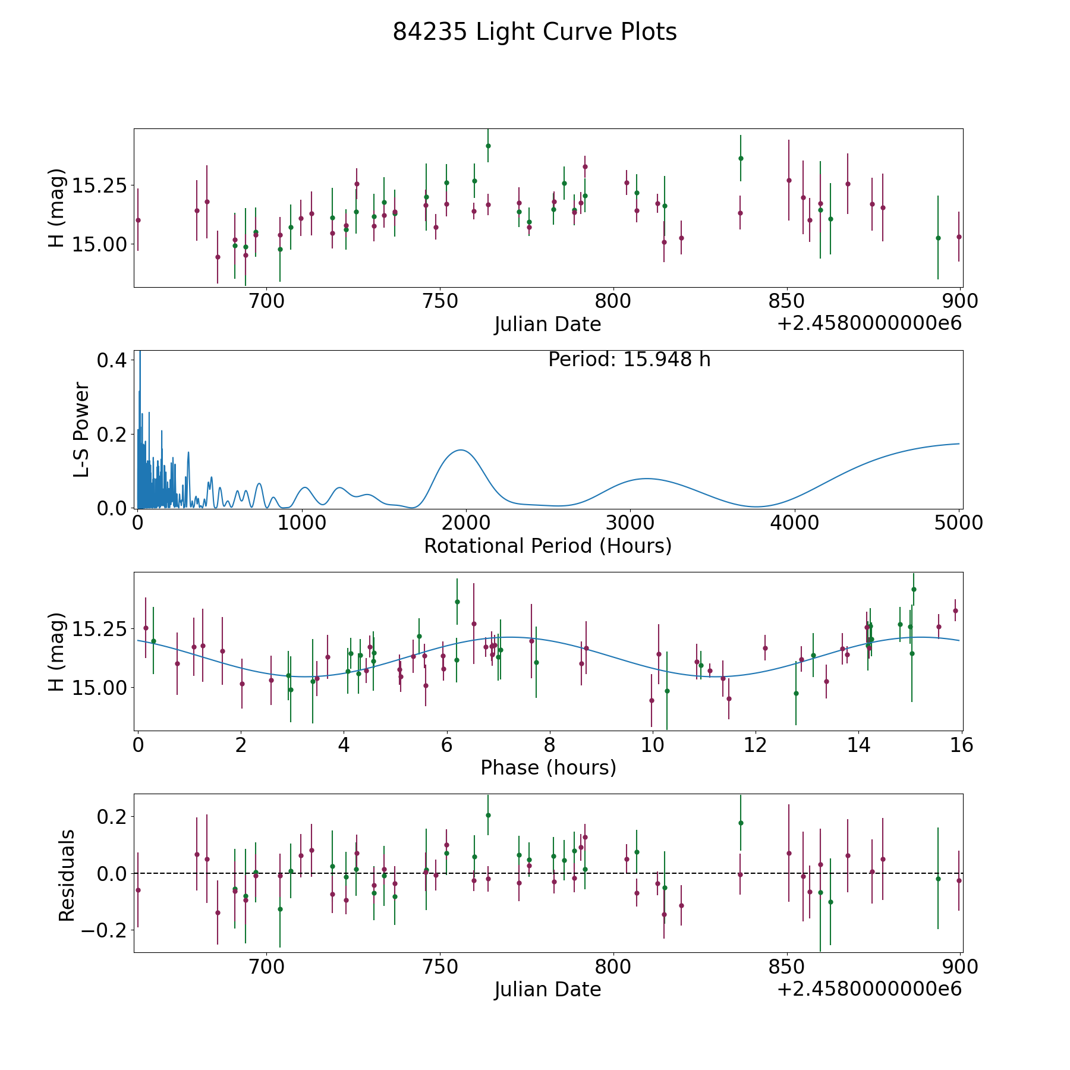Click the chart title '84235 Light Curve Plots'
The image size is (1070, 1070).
click(x=534, y=32)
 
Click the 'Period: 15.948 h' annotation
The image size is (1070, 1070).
click(x=629, y=360)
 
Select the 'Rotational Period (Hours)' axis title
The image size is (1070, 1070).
click(x=547, y=546)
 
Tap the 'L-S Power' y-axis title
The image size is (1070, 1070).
click(x=81, y=430)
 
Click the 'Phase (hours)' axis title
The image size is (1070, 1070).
click(x=548, y=767)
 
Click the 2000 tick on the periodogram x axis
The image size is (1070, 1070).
click(x=465, y=523)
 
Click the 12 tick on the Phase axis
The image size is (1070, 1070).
click(x=756, y=745)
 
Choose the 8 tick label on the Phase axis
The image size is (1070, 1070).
click(x=550, y=745)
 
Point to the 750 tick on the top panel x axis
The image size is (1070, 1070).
click(x=440, y=301)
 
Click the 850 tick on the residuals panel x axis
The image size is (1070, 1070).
click(x=786, y=967)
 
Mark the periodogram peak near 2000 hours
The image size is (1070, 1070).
click(x=461, y=450)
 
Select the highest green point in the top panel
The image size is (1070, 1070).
click(x=488, y=146)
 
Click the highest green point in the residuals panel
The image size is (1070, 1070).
click(x=488, y=815)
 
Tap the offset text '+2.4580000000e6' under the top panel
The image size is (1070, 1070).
click(x=869, y=324)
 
